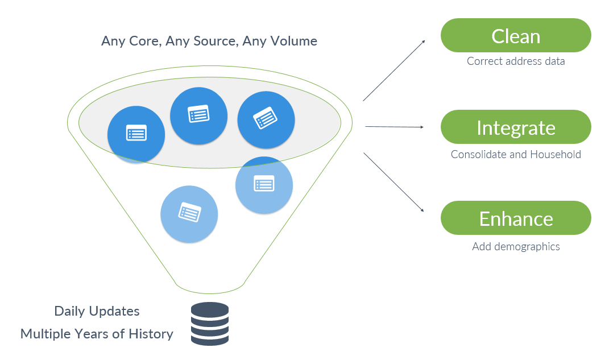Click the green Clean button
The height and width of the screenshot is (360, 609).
coord(516,35)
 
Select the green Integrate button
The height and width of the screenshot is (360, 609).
coord(516,127)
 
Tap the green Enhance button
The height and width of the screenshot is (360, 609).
coord(516,218)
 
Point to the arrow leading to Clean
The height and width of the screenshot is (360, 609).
coord(394,71)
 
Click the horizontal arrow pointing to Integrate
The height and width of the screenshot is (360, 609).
coord(394,127)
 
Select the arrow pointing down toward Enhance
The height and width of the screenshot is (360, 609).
coord(393,182)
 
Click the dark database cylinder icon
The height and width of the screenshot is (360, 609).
coord(210,324)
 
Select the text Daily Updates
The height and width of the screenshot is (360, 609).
coord(97,311)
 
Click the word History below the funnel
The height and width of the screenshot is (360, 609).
coord(151,334)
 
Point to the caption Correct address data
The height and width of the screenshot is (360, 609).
coord(516,61)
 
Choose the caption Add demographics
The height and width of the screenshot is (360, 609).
coord(516,247)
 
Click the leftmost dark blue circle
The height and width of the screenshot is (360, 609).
coord(136,134)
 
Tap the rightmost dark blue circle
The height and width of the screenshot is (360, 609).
coord(266,119)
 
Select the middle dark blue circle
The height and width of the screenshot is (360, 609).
coord(198,115)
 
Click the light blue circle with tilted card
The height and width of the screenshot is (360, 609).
coord(189,214)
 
